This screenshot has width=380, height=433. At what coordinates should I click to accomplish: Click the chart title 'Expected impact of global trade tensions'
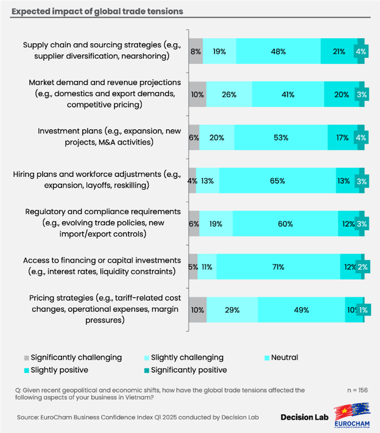[98, 12]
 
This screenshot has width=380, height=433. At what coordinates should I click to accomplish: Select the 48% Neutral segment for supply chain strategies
[278, 52]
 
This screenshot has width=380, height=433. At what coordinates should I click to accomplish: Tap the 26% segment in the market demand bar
[230, 94]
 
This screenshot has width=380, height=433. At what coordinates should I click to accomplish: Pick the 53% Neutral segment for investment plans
[280, 137]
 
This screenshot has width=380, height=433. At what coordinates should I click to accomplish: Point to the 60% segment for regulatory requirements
[285, 224]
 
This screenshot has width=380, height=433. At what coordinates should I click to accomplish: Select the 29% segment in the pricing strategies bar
[232, 310]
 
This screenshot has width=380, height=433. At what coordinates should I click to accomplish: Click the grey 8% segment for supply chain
[196, 52]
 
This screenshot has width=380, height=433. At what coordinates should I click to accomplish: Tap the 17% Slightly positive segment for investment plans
[340, 137]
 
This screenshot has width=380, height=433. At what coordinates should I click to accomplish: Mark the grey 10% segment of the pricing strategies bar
[198, 310]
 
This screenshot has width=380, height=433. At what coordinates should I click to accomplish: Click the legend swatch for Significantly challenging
[26, 358]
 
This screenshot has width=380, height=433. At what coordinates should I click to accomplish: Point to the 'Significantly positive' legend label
[188, 370]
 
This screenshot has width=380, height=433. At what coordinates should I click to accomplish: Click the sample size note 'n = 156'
[356, 390]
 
